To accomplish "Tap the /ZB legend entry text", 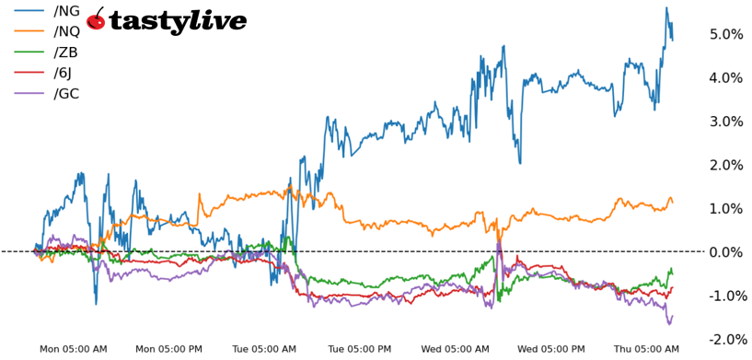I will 66,52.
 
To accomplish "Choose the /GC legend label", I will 67,93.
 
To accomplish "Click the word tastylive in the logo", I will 178,21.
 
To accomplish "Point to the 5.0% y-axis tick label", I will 725,34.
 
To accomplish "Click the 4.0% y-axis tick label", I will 725,77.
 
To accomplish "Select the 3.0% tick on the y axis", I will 725,122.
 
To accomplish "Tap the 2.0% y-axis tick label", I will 725,165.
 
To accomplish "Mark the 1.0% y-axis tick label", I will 725,208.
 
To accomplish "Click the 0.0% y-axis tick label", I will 725,252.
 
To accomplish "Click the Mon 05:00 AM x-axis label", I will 74,349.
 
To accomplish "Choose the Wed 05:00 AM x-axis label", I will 455,349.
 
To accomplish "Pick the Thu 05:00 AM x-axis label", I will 646,349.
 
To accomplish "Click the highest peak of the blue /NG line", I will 665,8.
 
